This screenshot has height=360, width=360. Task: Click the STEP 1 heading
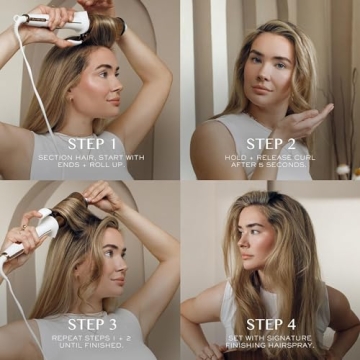point(92,143)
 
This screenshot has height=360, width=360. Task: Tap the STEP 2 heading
point(271,144)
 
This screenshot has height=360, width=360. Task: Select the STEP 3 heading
point(92,324)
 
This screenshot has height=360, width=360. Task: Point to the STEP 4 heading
point(271,324)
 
